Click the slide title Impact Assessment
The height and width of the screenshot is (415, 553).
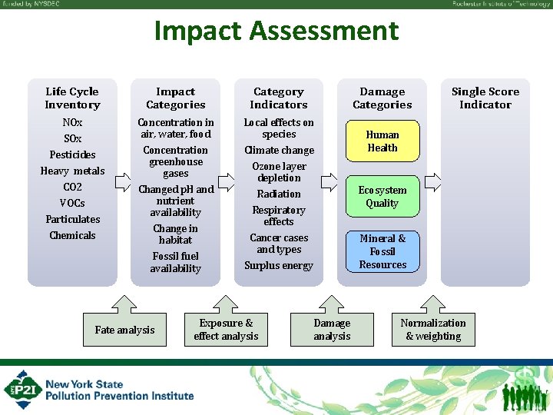pyautogui.click(x=276, y=32)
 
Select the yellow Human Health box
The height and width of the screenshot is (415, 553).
pyautogui.click(x=382, y=141)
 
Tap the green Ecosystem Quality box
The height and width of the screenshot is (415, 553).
pyautogui.click(x=382, y=197)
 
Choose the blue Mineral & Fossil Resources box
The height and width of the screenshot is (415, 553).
pyautogui.click(x=382, y=251)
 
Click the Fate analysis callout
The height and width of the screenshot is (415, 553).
pyautogui.click(x=124, y=330)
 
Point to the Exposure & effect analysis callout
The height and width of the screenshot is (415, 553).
pyautogui.click(x=226, y=330)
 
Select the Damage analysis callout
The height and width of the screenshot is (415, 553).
pyautogui.click(x=332, y=330)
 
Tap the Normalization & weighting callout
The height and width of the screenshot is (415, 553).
pyautogui.click(x=433, y=330)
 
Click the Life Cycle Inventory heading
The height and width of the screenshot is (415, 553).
pyautogui.click(x=72, y=98)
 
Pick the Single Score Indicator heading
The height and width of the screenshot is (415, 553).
pyautogui.click(x=485, y=98)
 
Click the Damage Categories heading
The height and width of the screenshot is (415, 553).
pyautogui.click(x=382, y=98)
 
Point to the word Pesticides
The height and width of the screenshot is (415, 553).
pyautogui.click(x=72, y=154)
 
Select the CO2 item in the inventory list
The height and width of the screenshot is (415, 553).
pyautogui.click(x=72, y=187)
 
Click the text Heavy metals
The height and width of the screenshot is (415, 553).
pyautogui.click(x=72, y=171)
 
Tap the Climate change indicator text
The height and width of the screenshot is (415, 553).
pyautogui.click(x=279, y=150)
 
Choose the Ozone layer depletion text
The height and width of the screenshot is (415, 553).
pyautogui.click(x=279, y=172)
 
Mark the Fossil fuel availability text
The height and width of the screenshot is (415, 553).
pyautogui.click(x=175, y=262)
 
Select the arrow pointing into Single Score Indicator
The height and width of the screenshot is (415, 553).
pyautogui.click(x=432, y=182)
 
